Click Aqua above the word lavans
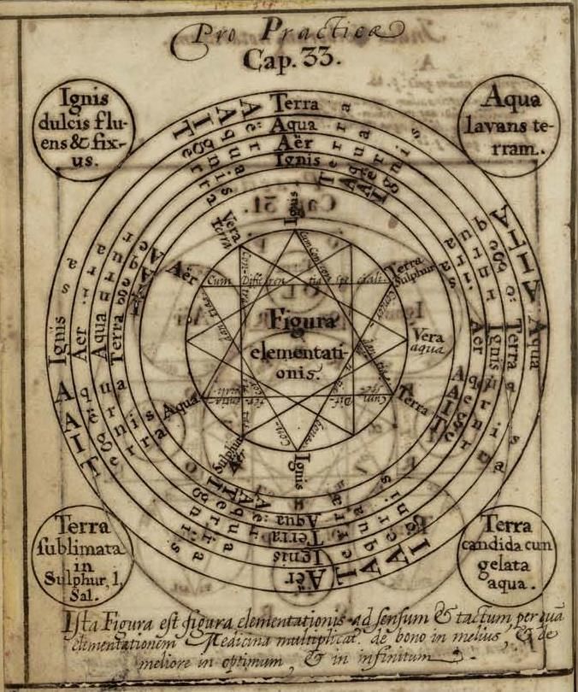point(506,100)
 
